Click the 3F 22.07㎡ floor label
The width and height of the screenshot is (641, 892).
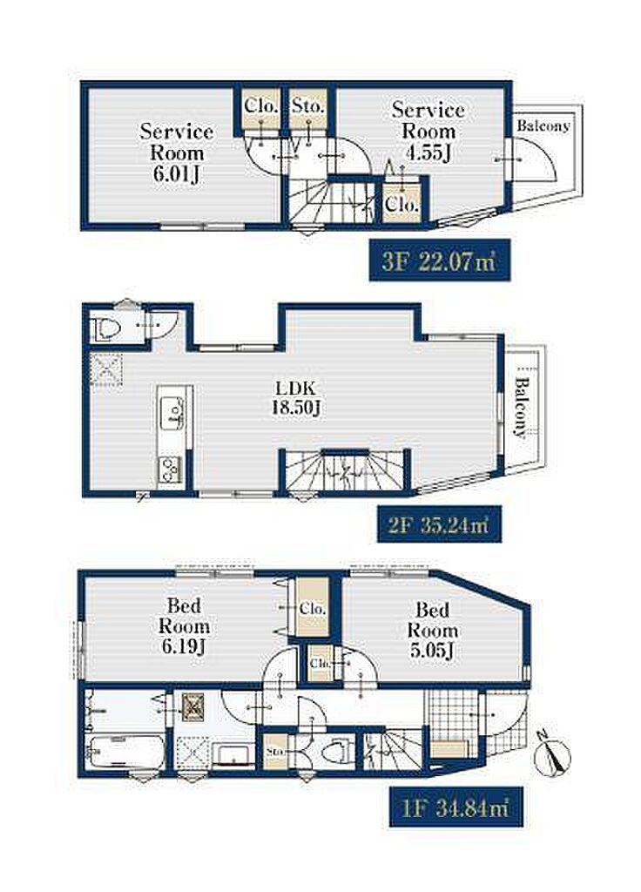tap(439, 260)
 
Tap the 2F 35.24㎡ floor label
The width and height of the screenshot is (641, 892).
tap(439, 524)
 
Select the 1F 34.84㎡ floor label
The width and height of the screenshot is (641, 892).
tap(456, 807)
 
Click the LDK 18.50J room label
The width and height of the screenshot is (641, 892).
tap(295, 399)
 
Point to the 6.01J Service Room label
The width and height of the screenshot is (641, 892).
tap(177, 152)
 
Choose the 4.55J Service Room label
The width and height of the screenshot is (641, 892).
tap(428, 131)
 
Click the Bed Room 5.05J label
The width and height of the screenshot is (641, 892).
tap(433, 631)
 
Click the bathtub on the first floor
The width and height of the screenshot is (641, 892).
tap(125, 752)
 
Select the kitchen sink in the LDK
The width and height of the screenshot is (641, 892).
tap(173, 412)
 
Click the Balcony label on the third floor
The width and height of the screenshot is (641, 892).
tap(543, 125)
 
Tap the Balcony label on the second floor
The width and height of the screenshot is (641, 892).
tap(519, 406)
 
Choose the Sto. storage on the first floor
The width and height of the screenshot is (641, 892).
tap(276, 752)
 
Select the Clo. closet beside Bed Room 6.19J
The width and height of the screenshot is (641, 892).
tap(313, 608)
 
